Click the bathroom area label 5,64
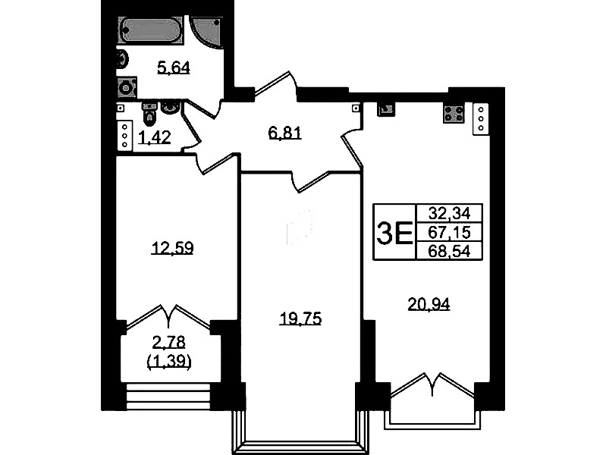[174, 68]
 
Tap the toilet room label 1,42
[155, 137]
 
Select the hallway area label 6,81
[285, 133]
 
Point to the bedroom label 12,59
[172, 248]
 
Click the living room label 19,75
[300, 319]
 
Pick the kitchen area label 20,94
[429, 305]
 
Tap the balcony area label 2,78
[169, 342]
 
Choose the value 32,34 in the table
[449, 213]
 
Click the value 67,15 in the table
[449, 232]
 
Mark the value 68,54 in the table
[449, 251]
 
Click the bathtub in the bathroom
[150, 30]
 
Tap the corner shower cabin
[206, 32]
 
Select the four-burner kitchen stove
[454, 114]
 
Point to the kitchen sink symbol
[385, 109]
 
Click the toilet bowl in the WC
[149, 113]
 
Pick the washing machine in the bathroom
[127, 88]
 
